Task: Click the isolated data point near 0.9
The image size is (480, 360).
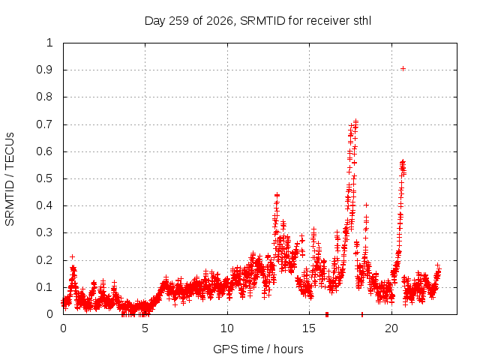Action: tap(403, 68)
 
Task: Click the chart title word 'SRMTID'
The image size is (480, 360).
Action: tap(262, 21)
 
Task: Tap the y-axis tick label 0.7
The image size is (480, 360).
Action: tap(44, 124)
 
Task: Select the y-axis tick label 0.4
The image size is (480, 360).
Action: tap(44, 205)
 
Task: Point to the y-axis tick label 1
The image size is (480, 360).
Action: tap(49, 43)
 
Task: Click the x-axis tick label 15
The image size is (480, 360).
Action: tap(309, 328)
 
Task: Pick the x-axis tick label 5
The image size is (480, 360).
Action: tap(145, 328)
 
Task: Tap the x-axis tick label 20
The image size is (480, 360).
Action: tap(391, 328)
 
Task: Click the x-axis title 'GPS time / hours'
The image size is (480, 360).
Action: tap(258, 349)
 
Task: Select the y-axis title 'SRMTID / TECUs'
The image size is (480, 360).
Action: tap(10, 179)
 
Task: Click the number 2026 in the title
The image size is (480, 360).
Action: tap(220, 21)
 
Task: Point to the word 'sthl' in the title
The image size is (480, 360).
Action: tap(362, 21)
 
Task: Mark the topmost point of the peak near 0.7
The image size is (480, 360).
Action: tap(355, 121)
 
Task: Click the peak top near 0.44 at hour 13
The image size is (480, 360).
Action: tap(277, 195)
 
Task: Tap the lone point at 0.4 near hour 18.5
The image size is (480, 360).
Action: tap(366, 205)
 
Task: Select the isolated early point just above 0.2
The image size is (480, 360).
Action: tap(72, 256)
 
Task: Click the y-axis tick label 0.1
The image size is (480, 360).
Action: tap(44, 287)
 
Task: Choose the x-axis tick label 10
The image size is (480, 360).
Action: tap(226, 328)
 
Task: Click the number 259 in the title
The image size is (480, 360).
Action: tap(178, 21)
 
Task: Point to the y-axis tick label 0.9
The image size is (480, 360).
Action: tap(44, 70)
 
